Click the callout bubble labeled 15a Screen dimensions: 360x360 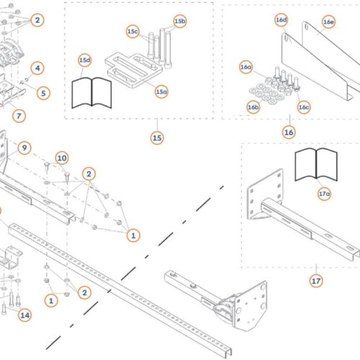(x=161, y=91)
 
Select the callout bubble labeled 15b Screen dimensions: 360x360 (x=180, y=21)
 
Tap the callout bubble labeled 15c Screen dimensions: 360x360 (x=132, y=32)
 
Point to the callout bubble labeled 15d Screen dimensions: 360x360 (x=85, y=60)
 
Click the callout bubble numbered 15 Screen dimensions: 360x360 (x=157, y=138)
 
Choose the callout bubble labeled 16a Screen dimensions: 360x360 (x=246, y=67)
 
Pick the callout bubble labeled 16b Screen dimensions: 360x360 (x=253, y=107)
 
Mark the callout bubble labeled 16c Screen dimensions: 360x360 (x=304, y=107)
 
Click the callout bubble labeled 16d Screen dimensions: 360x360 (x=282, y=19)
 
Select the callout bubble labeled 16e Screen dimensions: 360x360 (x=328, y=22)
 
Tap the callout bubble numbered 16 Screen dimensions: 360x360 (x=289, y=132)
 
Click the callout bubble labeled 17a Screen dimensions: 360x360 (x=324, y=194)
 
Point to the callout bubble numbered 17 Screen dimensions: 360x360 (x=316, y=281)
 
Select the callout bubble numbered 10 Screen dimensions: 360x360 (x=62, y=158)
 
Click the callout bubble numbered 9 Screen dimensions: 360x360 (x=24, y=148)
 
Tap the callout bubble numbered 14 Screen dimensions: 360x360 (x=25, y=315)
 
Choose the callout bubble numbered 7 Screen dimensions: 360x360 (x=19, y=116)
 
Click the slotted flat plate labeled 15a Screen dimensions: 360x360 (x=133, y=70)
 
